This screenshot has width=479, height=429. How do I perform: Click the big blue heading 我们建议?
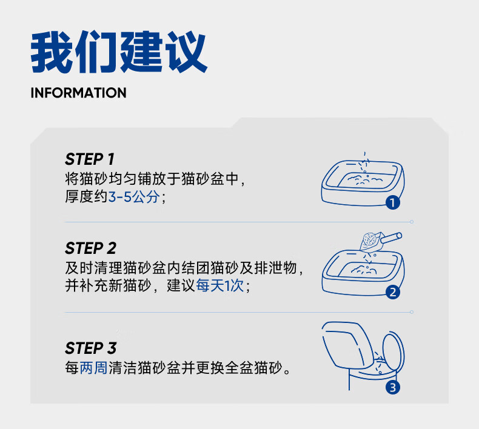point(119,52)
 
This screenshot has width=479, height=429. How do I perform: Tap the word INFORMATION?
point(78,93)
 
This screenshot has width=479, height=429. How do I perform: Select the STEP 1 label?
point(90,159)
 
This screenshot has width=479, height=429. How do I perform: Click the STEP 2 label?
point(90,248)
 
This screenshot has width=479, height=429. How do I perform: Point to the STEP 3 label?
point(90,348)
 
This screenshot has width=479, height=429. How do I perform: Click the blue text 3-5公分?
point(134,197)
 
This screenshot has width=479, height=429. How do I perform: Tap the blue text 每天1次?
point(220,286)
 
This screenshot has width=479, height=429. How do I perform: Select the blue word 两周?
point(93,368)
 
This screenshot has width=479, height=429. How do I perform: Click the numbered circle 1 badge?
point(392,202)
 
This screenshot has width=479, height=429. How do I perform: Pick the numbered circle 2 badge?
point(392,292)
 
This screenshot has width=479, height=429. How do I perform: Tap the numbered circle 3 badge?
point(392,387)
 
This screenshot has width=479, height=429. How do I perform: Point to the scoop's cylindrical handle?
point(391,238)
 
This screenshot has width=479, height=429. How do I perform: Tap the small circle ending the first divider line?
point(412,222)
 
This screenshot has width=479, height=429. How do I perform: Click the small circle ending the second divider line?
point(412,312)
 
